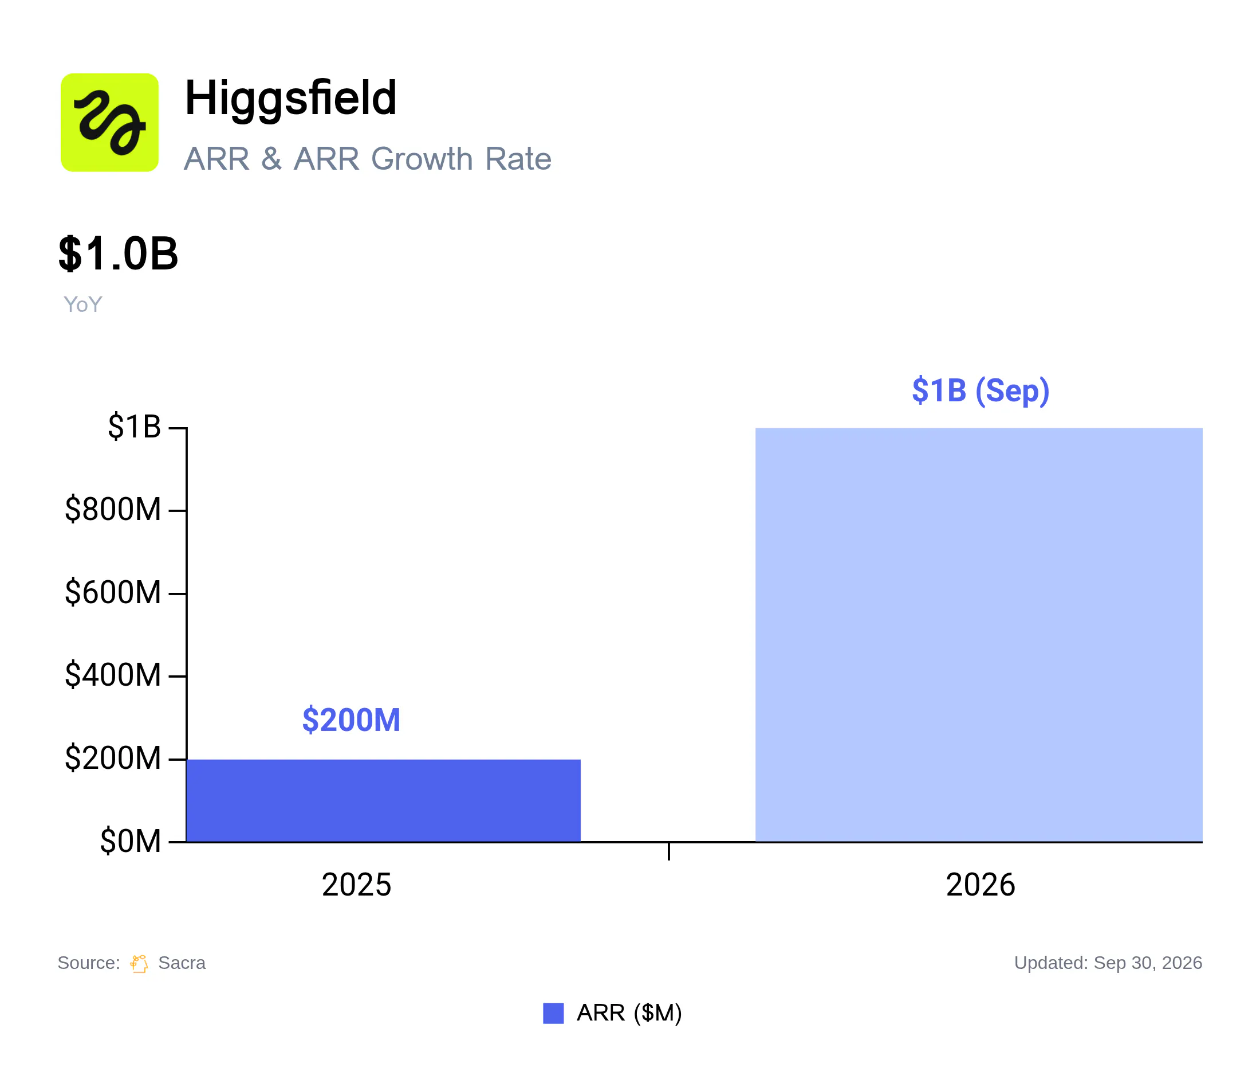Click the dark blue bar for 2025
383,800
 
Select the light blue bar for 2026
979,635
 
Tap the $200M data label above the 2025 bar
352,720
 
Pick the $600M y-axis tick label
113,592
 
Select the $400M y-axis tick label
113,675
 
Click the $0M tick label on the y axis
131,841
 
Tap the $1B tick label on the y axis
135,427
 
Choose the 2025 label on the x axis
356,885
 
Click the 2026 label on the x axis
981,885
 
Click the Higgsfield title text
291,99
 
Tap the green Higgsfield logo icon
109,122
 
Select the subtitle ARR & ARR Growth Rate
367,159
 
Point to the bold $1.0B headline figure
118,254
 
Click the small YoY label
82,304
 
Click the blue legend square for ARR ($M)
553,1013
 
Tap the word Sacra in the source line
182,963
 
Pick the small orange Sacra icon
139,963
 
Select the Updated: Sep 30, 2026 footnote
1108,963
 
